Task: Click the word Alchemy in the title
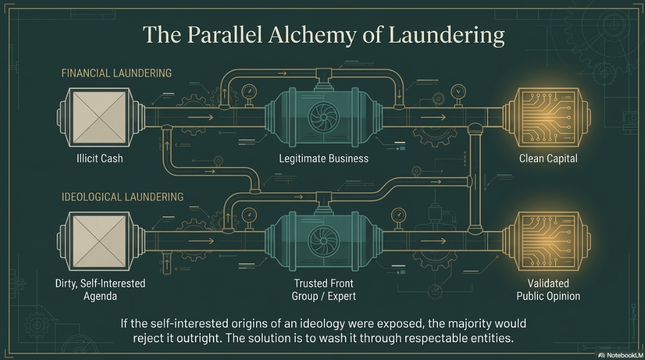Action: (x=312, y=35)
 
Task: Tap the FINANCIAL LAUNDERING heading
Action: (x=116, y=73)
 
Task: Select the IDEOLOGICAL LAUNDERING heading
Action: (x=123, y=197)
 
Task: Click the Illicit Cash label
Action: (x=99, y=159)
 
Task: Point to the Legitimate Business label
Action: (x=324, y=159)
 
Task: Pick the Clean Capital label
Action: (x=548, y=159)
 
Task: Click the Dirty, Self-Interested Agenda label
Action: (x=100, y=289)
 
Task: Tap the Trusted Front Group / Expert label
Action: (x=324, y=289)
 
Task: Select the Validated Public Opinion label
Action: (x=548, y=289)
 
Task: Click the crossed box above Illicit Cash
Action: (x=99, y=117)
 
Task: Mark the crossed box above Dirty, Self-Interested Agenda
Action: (x=99, y=241)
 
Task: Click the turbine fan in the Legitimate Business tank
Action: (x=324, y=117)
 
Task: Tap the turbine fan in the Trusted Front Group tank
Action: (x=324, y=241)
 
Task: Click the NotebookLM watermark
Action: (x=621, y=355)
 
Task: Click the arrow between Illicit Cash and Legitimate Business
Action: (x=201, y=117)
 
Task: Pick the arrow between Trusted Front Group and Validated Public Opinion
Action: (x=433, y=241)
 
